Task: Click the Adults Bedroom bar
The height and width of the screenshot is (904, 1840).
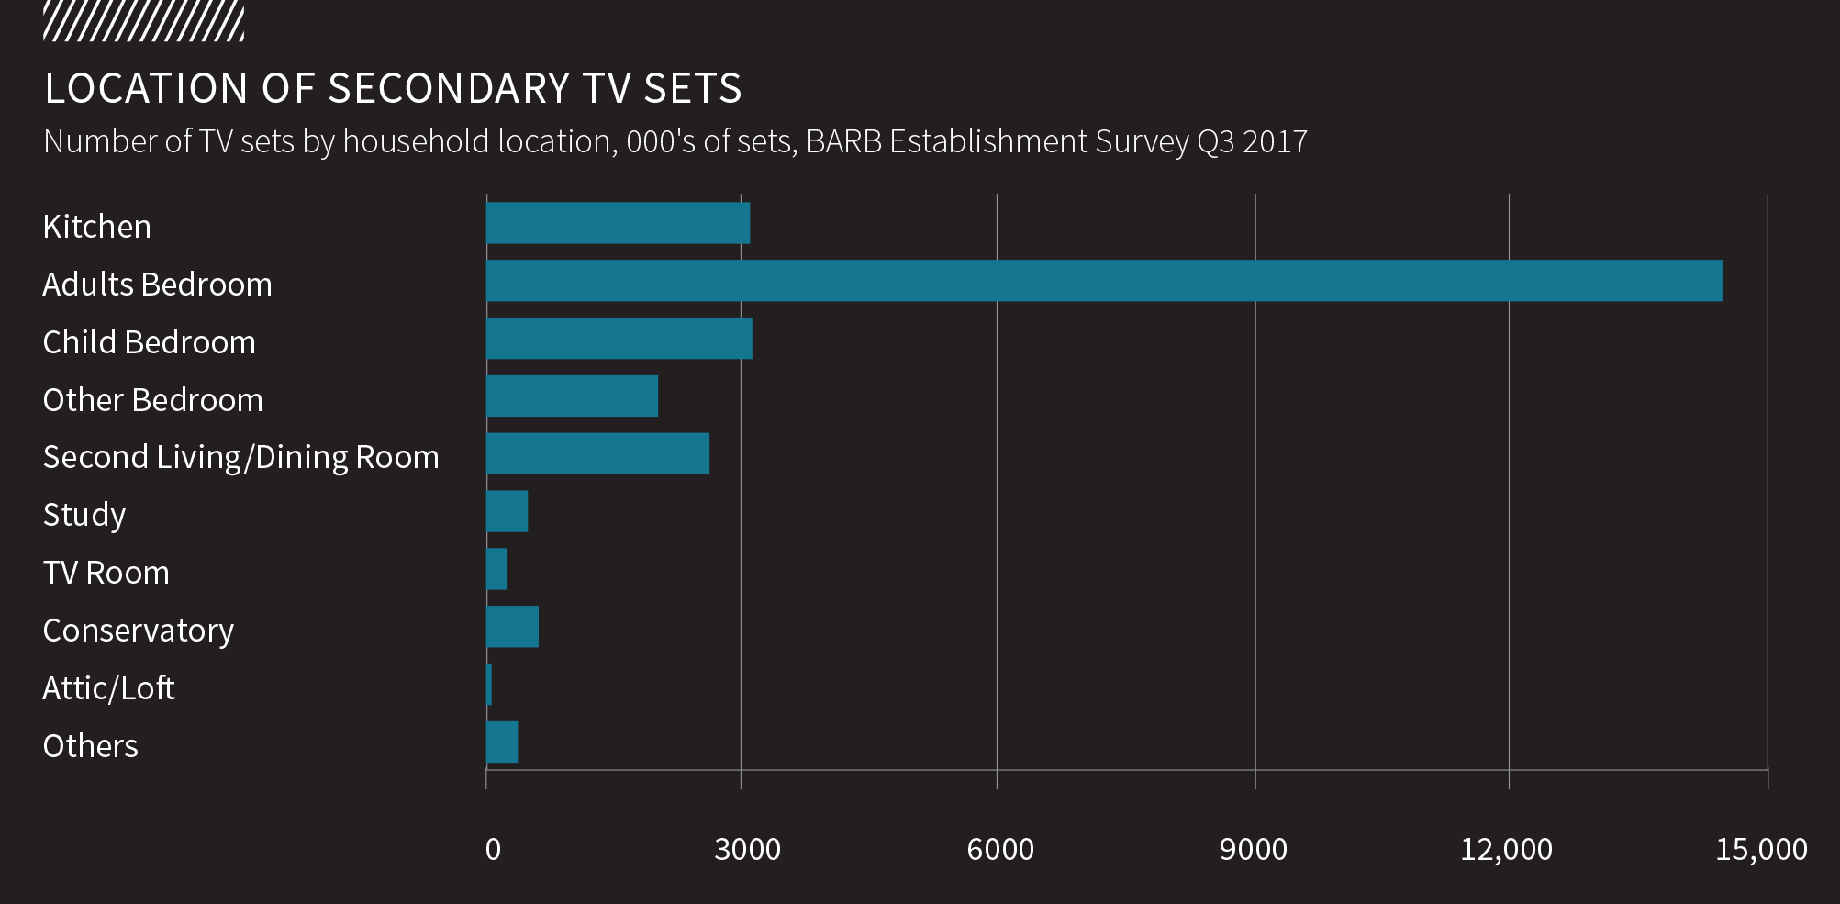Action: (x=1104, y=281)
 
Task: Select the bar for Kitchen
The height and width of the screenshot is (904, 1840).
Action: (x=618, y=223)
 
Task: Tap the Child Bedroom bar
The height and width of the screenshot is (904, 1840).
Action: (x=619, y=339)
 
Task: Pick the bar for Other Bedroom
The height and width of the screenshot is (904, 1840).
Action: (x=572, y=396)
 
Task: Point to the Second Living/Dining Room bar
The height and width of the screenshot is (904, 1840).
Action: (x=597, y=453)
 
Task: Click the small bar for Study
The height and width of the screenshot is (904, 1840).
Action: (x=507, y=511)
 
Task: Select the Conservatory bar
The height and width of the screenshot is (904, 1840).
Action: (x=512, y=627)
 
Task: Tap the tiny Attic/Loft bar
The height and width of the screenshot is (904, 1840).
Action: (x=489, y=685)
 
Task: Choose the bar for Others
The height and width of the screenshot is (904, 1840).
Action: (x=502, y=742)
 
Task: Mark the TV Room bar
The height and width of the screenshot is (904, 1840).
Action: (x=496, y=569)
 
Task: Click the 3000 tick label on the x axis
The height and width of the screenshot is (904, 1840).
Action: (x=747, y=849)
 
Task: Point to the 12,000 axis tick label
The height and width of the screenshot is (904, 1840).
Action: (x=1506, y=849)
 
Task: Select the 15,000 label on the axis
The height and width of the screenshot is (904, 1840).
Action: (x=1761, y=849)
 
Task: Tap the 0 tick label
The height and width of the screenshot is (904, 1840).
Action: (x=493, y=849)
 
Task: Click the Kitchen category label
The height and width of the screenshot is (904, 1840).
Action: (x=96, y=227)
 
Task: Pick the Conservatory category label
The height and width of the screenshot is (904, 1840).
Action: (x=138, y=631)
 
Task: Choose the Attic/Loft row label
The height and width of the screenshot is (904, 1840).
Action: (x=108, y=688)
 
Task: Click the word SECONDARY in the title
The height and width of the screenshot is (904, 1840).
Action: (x=450, y=88)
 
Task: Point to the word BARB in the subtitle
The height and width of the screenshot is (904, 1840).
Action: (x=843, y=141)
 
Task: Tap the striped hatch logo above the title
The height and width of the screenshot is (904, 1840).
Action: (x=143, y=22)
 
